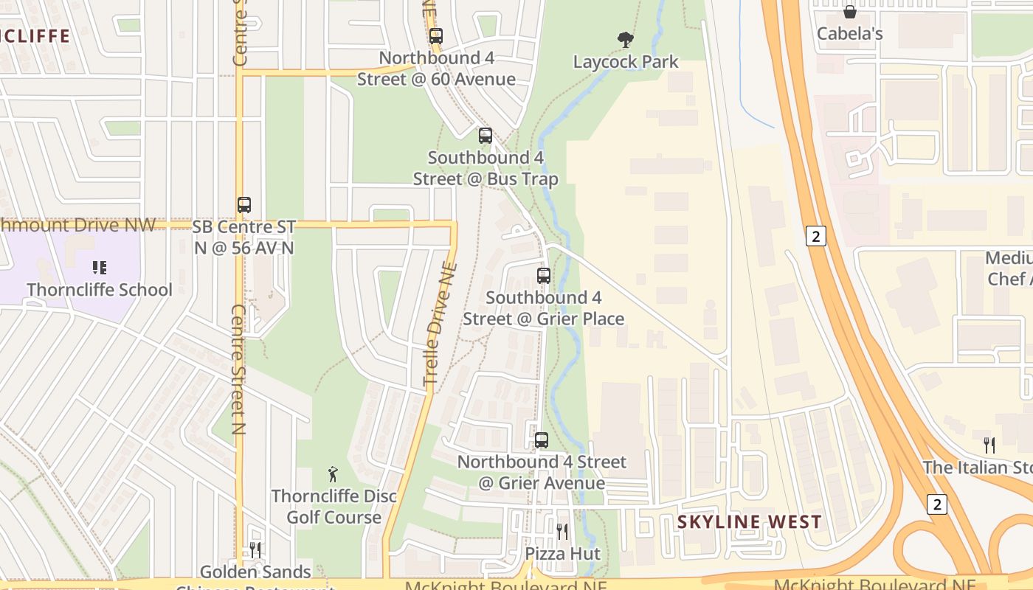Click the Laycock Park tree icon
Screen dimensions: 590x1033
(626, 39)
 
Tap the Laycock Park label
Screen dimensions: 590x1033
(626, 62)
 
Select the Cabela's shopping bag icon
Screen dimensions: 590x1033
(849, 12)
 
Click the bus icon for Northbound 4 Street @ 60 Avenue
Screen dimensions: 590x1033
(436, 35)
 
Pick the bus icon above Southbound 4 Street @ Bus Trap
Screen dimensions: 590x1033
(485, 136)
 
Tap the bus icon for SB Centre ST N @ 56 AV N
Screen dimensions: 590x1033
(244, 205)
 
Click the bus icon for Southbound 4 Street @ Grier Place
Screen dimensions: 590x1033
(544, 276)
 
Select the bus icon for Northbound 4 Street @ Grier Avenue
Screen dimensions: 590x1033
(542, 440)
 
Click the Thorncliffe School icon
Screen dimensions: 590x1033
(100, 268)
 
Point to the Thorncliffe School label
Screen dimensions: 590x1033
(100, 290)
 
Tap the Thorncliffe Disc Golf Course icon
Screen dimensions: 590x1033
(333, 474)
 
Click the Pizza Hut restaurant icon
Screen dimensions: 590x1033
(562, 531)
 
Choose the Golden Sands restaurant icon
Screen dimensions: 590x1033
(255, 549)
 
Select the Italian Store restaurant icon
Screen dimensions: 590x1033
(989, 445)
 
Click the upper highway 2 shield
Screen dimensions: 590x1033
(815, 236)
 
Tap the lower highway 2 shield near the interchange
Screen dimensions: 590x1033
(937, 504)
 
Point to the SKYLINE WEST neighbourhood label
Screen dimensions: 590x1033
(749, 522)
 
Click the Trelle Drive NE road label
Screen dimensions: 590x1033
(441, 324)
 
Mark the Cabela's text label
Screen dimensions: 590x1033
(849, 34)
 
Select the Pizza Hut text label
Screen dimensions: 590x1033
(562, 554)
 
